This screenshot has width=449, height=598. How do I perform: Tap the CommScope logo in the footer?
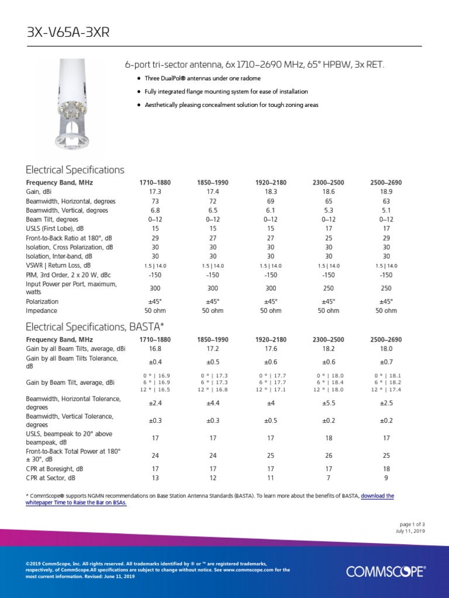click(386, 571)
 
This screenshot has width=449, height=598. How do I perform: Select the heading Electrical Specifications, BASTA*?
click(95, 325)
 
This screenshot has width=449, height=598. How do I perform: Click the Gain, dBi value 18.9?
click(386, 192)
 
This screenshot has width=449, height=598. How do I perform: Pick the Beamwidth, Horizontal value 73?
click(155, 201)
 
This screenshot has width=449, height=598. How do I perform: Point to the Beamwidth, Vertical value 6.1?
click(271, 210)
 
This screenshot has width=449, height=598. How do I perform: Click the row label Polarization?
click(42, 301)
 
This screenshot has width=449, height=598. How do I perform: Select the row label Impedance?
click(42, 311)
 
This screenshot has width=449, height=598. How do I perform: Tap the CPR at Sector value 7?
click(329, 478)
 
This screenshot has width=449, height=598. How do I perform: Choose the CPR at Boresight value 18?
click(386, 468)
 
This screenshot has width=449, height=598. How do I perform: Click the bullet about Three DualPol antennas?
click(202, 78)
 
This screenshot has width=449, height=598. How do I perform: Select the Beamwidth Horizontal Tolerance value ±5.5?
click(329, 402)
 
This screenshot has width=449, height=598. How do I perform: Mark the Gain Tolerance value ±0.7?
click(386, 361)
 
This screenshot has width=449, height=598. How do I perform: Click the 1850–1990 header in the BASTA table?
click(213, 339)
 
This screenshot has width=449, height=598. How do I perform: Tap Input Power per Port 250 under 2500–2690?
click(386, 288)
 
